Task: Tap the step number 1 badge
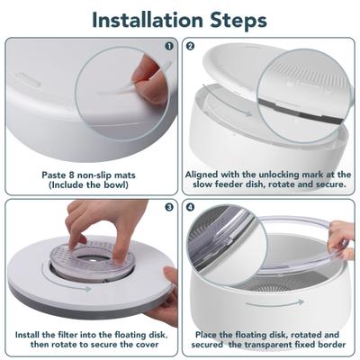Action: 168,46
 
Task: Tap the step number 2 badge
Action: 191,46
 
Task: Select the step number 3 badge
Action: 168,206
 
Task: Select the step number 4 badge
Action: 191,206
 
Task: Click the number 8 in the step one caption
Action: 70,173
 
